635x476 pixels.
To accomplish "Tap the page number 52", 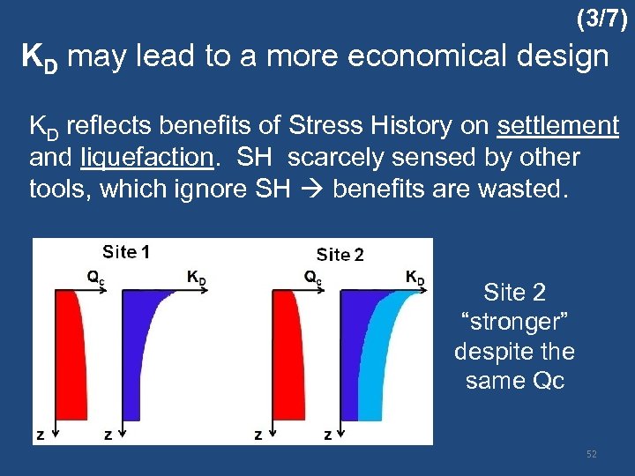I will click(592, 454).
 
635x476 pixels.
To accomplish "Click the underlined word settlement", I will click(557, 127).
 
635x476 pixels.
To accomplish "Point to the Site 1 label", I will click(126, 252).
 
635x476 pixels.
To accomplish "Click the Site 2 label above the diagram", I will click(340, 255).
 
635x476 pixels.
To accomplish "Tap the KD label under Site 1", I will click(197, 277).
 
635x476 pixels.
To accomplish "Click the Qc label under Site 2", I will click(312, 277).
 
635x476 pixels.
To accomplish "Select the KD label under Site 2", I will click(415, 278).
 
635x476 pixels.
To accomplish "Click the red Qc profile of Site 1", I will click(69, 353).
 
